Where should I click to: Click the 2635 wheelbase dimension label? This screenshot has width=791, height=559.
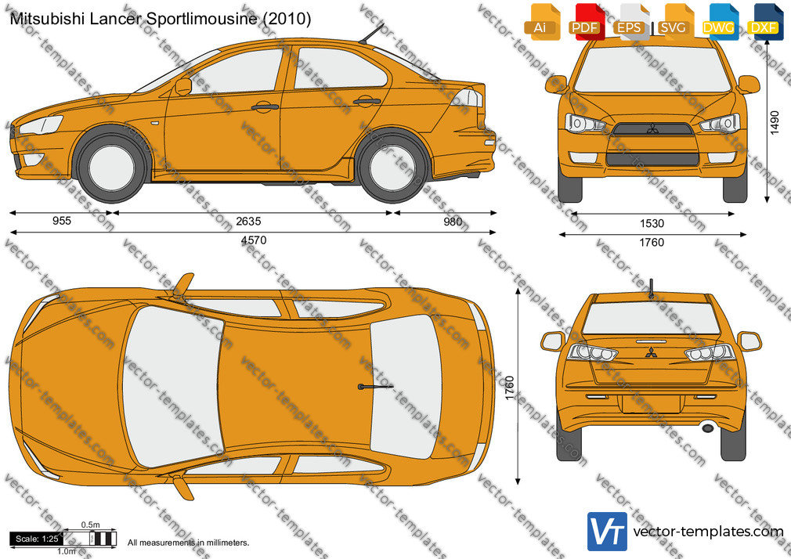pyautogui.click(x=249, y=221)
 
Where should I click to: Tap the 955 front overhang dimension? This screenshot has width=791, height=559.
pyautogui.click(x=62, y=221)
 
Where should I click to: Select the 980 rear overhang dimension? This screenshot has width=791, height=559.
pyautogui.click(x=453, y=221)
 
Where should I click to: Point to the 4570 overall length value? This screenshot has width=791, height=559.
pyautogui.click(x=253, y=240)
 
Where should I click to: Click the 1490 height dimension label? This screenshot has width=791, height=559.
pyautogui.click(x=775, y=124)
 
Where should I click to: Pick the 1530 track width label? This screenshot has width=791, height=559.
pyautogui.click(x=652, y=223)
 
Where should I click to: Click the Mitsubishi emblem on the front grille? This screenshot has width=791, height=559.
pyautogui.click(x=653, y=128)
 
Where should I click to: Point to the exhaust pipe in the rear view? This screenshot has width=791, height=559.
pyautogui.click(x=708, y=428)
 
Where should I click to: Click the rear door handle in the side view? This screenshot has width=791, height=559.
pyautogui.click(x=367, y=102)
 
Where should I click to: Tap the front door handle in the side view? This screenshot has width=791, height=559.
pyautogui.click(x=265, y=106)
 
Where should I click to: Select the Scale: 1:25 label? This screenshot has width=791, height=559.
pyautogui.click(x=37, y=539)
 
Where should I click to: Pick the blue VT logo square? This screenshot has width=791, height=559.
pyautogui.click(x=608, y=532)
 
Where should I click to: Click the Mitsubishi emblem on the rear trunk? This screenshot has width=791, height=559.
pyautogui.click(x=651, y=352)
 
